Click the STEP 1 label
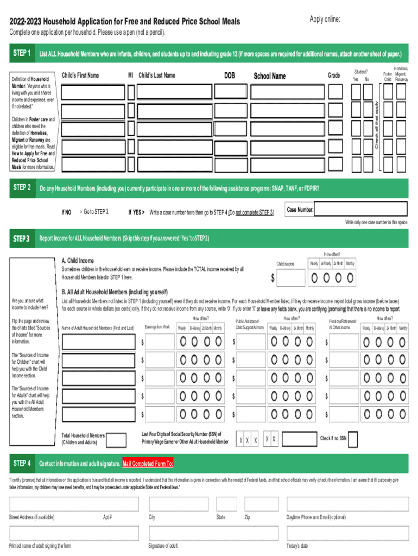point(22,53)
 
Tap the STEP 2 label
point(22,188)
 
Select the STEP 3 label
point(22,238)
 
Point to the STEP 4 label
point(22,463)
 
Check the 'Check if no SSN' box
point(353,439)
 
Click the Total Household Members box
point(116,439)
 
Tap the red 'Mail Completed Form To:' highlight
point(148,464)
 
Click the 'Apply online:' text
point(325,20)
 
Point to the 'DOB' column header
point(230,75)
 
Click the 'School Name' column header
point(269,76)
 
